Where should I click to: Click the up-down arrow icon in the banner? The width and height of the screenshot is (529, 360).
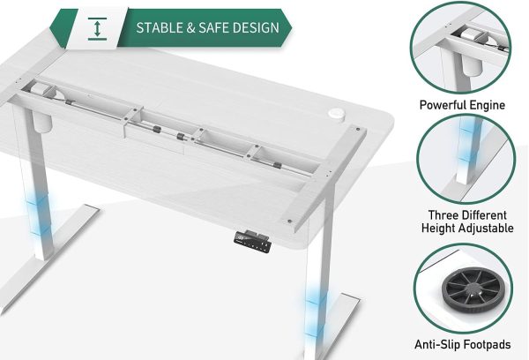[x=98, y=29]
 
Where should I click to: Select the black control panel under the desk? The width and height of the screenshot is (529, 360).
[x=252, y=241]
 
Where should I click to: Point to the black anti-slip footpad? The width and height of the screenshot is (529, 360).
[x=473, y=288]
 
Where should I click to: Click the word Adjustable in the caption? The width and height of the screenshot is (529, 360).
[x=487, y=229]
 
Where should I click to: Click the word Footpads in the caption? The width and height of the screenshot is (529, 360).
[x=487, y=345]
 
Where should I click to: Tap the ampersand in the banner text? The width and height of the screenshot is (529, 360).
[x=191, y=27]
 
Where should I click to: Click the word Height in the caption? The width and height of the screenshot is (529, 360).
[x=439, y=229]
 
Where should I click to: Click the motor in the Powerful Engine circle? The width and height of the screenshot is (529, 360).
[x=468, y=34]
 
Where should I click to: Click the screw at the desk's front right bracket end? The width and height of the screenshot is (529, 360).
[x=290, y=221]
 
